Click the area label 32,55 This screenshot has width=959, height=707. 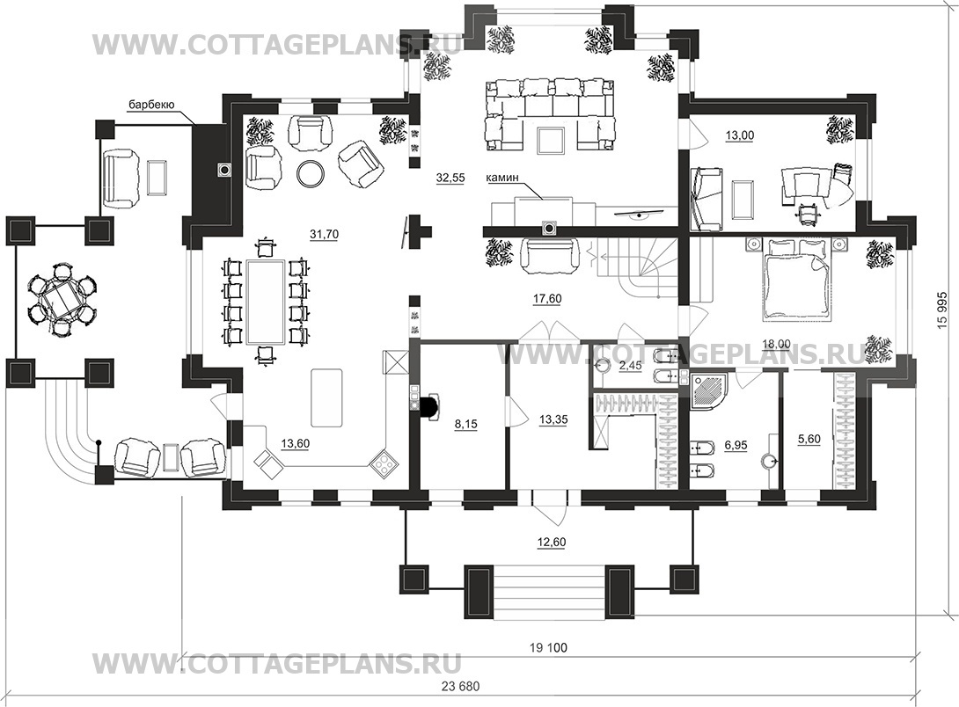click(x=450, y=178)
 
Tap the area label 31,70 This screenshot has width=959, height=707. click(x=324, y=234)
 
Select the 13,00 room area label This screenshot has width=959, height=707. click(x=739, y=135)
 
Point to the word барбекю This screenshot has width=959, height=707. click(x=151, y=106)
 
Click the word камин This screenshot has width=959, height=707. click(x=502, y=178)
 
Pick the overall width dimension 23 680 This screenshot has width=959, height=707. click(x=460, y=686)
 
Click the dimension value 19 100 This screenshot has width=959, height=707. click(x=549, y=648)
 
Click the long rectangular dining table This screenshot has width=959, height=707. click(x=266, y=302)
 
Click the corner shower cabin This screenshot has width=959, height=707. click(x=709, y=391)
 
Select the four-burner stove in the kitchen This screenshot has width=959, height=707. click(x=384, y=463)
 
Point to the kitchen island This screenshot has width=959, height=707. click(x=326, y=397)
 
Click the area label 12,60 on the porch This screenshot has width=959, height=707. click(x=551, y=542)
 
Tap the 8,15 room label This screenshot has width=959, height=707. click(x=466, y=424)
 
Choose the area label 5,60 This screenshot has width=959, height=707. click(x=809, y=439)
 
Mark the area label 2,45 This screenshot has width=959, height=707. click(x=630, y=366)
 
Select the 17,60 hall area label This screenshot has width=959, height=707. click(x=547, y=299)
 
